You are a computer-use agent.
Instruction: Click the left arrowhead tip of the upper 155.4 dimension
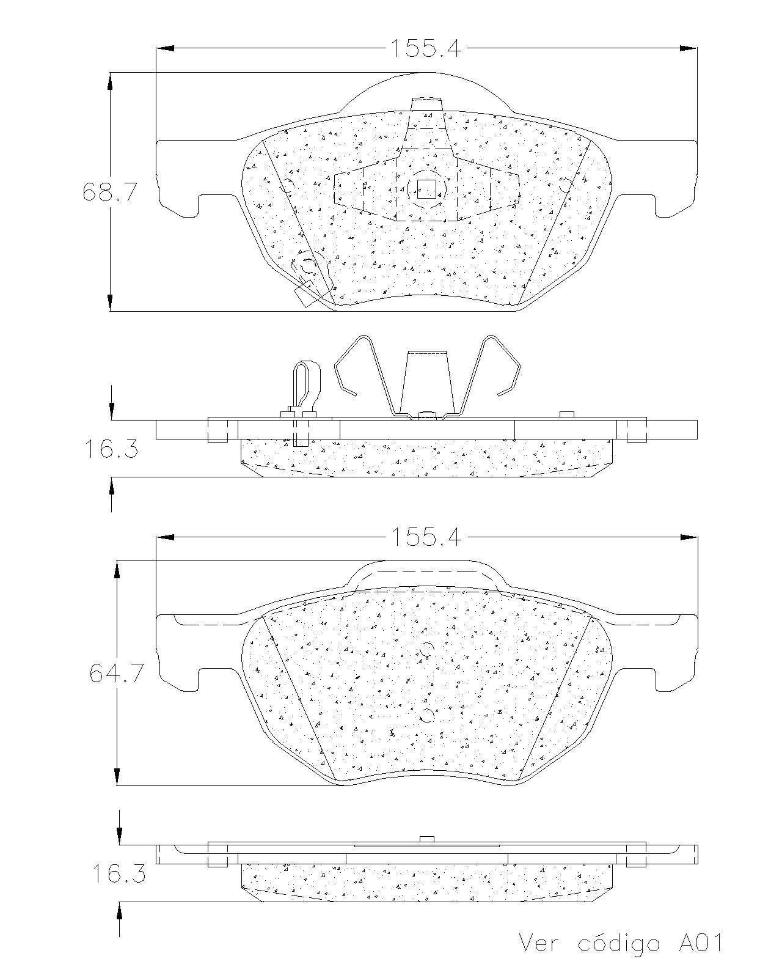point(156,48)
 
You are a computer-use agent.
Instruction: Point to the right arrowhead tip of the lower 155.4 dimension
point(696,538)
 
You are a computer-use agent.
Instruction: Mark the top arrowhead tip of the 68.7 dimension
point(110,73)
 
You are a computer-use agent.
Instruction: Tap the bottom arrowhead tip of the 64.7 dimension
point(117,785)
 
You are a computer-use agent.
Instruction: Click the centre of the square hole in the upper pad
point(426,189)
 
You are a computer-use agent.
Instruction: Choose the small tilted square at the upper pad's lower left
point(307,294)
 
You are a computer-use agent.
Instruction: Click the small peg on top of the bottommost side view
point(426,839)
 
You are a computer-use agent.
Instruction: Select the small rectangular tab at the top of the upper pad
point(426,104)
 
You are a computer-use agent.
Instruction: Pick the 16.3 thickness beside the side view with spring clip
point(111,449)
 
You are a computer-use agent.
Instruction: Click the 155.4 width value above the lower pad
point(426,538)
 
